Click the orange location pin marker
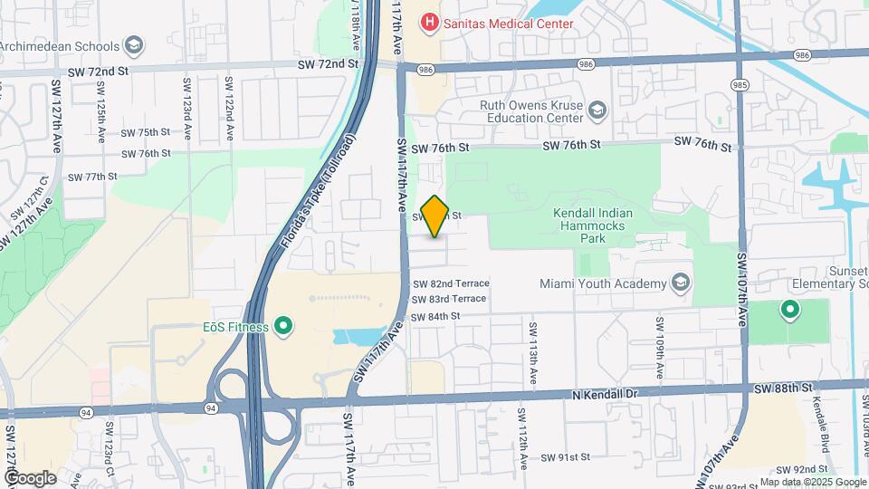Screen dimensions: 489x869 point(435,216)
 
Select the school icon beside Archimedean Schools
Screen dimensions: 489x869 point(134,46)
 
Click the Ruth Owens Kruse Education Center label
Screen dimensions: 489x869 point(531,110)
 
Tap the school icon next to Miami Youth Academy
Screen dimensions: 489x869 point(679,283)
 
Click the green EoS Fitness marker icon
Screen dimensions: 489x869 point(283,325)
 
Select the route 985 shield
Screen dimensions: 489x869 point(740,85)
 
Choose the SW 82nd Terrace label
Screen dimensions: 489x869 point(450,283)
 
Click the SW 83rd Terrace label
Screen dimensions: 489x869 point(449,299)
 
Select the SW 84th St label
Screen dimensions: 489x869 point(435,317)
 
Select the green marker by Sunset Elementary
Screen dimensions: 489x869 point(790,311)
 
